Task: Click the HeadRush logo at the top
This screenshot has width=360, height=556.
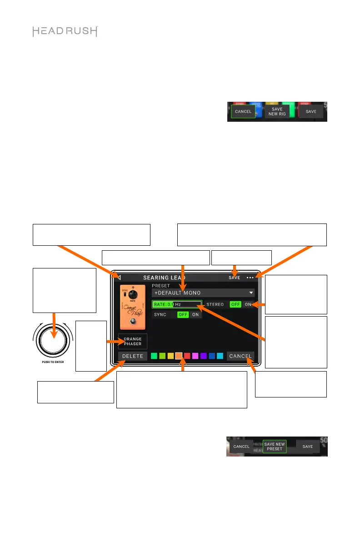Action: pos(65,32)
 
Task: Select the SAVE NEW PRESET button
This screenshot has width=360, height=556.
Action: pos(275,447)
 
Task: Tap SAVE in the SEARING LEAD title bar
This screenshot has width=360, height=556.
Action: pos(235,278)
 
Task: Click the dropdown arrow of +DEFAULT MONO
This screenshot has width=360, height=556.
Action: pos(250,293)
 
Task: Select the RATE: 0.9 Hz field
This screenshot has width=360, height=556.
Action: pos(176,304)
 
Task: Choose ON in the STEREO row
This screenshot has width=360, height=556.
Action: pos(248,304)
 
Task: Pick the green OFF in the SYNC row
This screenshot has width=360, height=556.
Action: pos(183,314)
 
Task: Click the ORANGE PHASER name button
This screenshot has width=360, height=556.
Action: pos(133,342)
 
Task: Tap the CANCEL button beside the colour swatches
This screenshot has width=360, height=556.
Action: pos(240,356)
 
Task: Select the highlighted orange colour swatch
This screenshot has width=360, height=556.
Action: pos(179,356)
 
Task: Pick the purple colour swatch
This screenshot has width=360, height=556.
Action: pos(204,356)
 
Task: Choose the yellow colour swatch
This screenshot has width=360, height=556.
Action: pos(170,356)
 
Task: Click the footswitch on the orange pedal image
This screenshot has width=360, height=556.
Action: pos(133,322)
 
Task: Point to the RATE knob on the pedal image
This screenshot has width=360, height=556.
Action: pos(133,295)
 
